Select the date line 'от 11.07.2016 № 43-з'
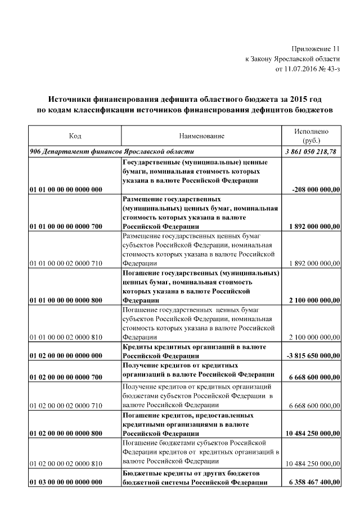tap(308, 69)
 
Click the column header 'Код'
tap(75, 136)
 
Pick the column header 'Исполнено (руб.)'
tap(311, 136)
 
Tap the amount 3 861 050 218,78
tap(312, 152)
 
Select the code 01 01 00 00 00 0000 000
tap(66, 190)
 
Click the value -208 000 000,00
tap(316, 190)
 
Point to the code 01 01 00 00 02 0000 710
tap(66, 263)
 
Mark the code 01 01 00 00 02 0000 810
tap(66, 337)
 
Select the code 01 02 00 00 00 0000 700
tap(66, 375)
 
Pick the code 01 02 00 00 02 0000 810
tap(66, 463)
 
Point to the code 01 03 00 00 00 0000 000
tap(66, 483)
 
